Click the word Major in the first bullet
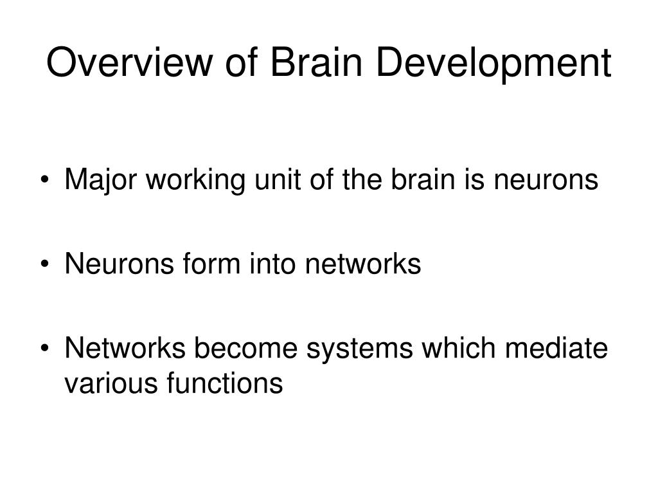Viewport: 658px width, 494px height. coord(101,181)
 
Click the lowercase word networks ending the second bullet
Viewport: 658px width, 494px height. coord(363,264)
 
